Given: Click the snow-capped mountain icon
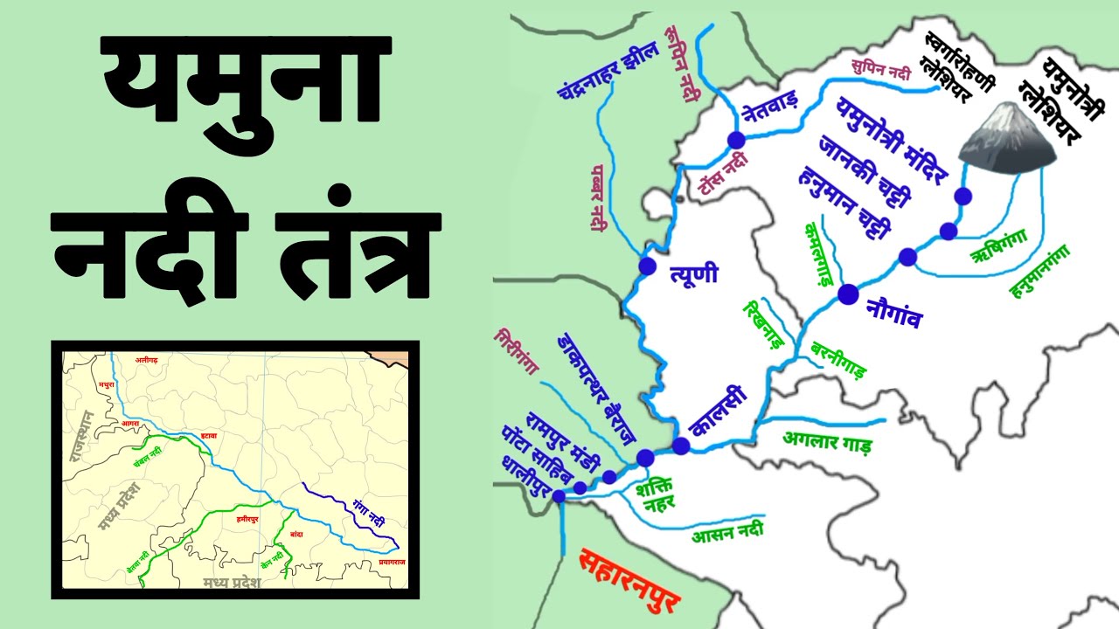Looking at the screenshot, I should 1006,137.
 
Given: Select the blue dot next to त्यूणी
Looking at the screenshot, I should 647,266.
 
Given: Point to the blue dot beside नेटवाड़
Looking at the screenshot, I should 736,140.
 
